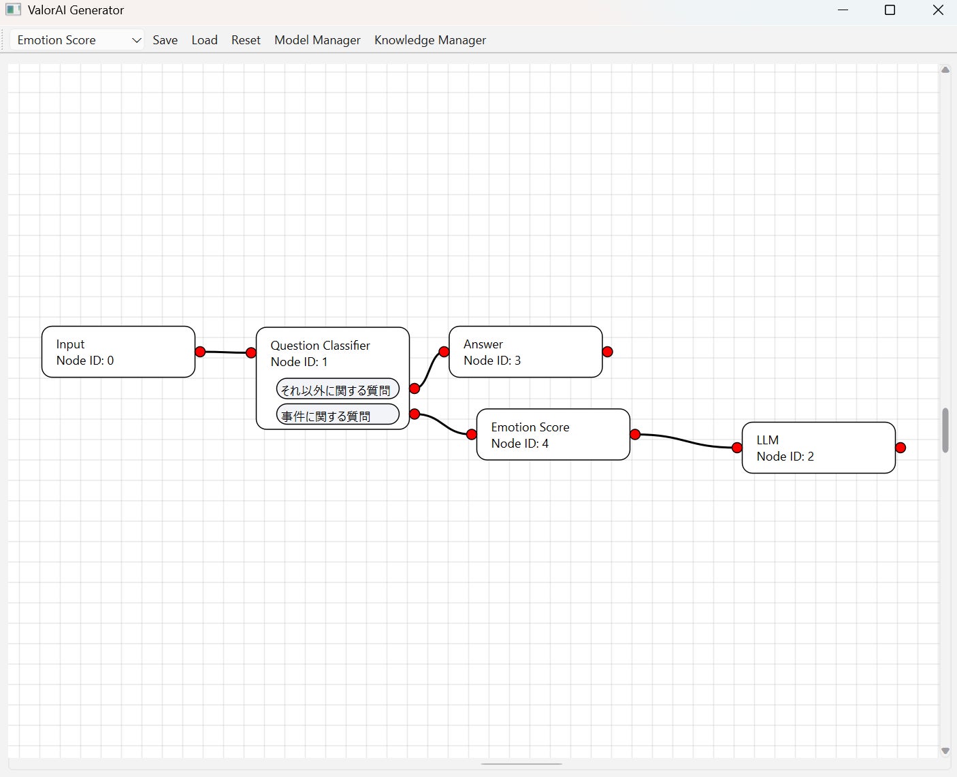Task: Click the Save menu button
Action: [165, 40]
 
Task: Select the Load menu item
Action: [204, 40]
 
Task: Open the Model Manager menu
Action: [317, 40]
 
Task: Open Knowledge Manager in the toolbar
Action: [430, 40]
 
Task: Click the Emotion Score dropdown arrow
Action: [136, 40]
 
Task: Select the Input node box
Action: [118, 352]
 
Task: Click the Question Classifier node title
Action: [320, 346]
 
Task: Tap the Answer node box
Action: [525, 352]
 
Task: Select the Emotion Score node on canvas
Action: [553, 435]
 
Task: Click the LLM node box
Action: [818, 448]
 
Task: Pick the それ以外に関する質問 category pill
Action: [337, 390]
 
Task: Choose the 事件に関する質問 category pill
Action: [337, 415]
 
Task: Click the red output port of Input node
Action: [200, 352]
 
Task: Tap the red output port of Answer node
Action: [608, 352]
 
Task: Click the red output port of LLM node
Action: [901, 448]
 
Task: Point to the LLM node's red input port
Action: [737, 448]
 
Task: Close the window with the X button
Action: [938, 10]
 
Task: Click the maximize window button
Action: [890, 10]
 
